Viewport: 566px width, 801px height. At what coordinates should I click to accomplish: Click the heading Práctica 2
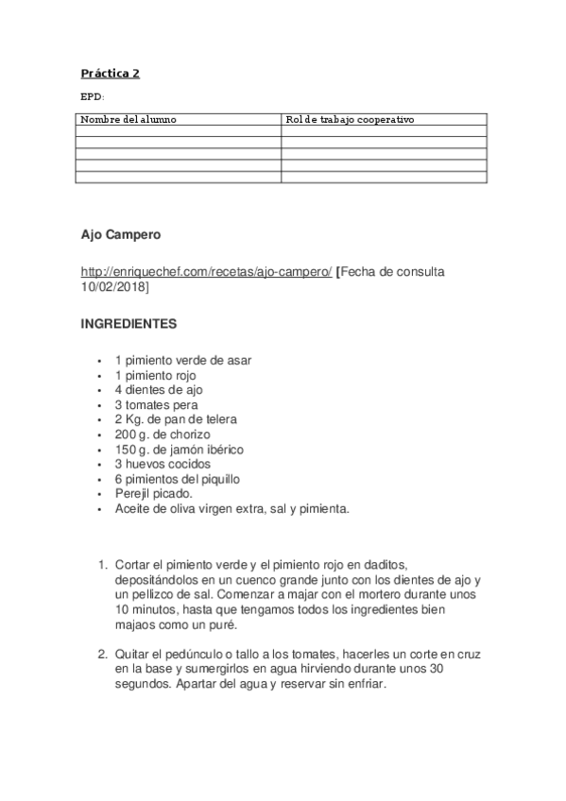click(x=111, y=74)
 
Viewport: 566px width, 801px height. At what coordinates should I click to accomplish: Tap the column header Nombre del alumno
click(x=128, y=120)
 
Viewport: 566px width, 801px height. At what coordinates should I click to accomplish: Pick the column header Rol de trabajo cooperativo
click(x=350, y=120)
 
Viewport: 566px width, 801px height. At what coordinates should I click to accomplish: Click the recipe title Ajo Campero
click(x=121, y=233)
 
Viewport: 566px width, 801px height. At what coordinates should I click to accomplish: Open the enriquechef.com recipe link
click(x=207, y=271)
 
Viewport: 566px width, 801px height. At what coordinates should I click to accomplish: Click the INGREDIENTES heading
click(x=129, y=323)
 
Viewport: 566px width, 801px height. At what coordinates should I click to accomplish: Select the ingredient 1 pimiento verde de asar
click(x=183, y=360)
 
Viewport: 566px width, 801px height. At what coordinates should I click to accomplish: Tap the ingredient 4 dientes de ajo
click(x=159, y=389)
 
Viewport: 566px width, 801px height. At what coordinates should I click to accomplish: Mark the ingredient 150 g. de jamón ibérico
click(x=177, y=450)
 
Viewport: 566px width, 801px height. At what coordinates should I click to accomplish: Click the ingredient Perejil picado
click(x=153, y=494)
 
